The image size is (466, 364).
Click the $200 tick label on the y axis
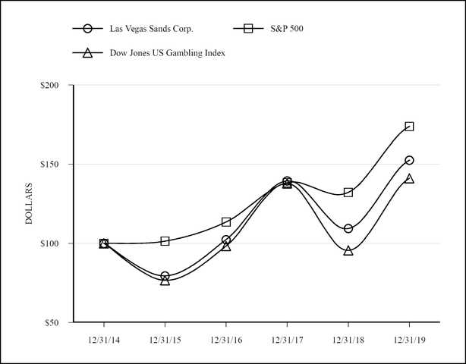(x=52, y=86)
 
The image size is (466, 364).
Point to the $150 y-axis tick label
(x=52, y=165)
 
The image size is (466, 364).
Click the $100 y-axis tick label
(x=52, y=243)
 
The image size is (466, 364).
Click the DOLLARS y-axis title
(x=29, y=203)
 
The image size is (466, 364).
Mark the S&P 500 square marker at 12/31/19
(x=409, y=127)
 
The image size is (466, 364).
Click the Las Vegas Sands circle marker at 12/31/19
(x=409, y=160)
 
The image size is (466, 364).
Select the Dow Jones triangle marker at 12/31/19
(x=409, y=178)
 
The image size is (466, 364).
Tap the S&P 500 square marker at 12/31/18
(x=348, y=193)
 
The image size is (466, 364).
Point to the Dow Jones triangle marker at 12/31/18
(x=348, y=250)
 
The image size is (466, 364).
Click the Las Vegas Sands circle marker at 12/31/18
(x=348, y=228)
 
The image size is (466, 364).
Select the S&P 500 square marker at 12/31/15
(x=165, y=241)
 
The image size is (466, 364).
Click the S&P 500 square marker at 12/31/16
(x=225, y=222)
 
